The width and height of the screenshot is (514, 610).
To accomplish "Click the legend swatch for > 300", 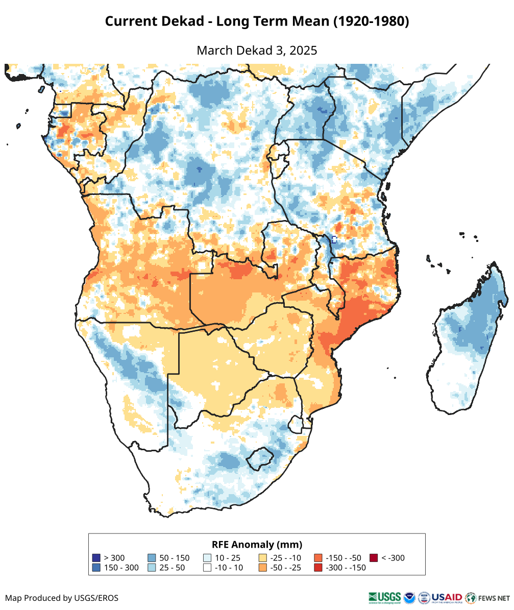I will click(x=96, y=558).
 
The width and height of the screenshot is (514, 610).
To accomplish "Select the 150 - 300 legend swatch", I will click(x=96, y=568).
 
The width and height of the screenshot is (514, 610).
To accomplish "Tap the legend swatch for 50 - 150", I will click(x=152, y=558).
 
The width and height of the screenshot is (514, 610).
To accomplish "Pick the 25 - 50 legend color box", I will click(x=152, y=568).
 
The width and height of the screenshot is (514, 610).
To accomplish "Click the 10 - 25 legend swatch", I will click(x=207, y=558).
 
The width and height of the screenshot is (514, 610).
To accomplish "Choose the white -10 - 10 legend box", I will click(x=207, y=568).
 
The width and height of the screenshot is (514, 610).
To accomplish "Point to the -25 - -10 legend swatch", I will click(x=263, y=558).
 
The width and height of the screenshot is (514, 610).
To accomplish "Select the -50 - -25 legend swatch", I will click(x=263, y=568).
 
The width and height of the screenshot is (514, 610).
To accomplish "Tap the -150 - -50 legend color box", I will click(x=319, y=558).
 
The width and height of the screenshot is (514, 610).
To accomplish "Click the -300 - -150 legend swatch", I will click(x=319, y=568).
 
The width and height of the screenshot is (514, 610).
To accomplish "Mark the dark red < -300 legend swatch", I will click(x=374, y=558).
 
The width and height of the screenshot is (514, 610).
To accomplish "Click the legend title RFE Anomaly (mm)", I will click(x=257, y=544).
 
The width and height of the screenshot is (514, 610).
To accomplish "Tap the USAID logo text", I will click(x=447, y=597).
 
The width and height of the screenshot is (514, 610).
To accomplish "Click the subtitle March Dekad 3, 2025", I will click(x=257, y=51).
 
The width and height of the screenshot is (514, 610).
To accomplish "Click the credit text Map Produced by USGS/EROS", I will click(x=62, y=598).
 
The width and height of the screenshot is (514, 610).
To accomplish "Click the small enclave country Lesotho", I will click(x=259, y=458).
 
